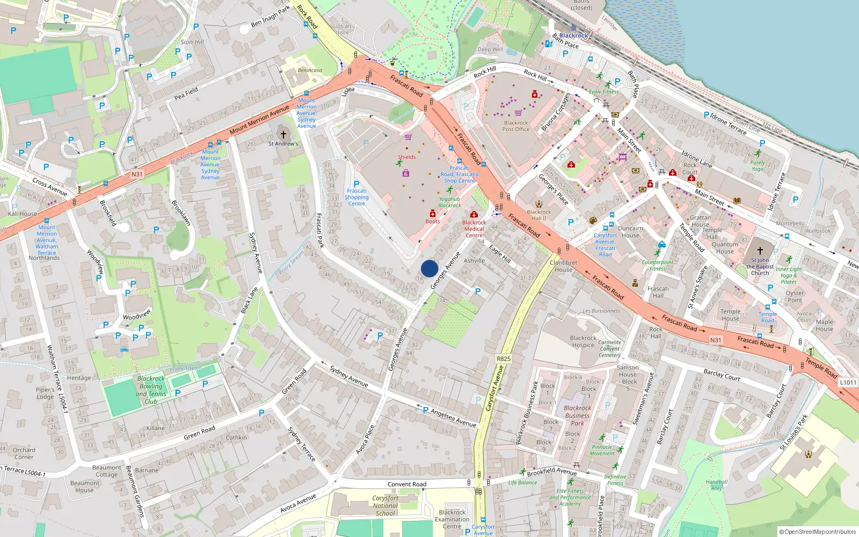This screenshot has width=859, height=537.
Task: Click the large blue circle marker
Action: [x=429, y=268]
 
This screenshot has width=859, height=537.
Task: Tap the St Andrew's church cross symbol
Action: [x=283, y=134]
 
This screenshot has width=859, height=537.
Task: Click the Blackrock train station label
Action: [x=573, y=35]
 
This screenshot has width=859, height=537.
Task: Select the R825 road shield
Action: [x=504, y=359]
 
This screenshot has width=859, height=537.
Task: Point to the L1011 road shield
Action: [x=848, y=382]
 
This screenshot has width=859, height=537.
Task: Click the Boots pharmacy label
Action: [x=433, y=221]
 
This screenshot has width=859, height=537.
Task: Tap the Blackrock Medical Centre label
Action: [x=474, y=229]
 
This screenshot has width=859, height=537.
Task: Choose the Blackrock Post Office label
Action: [x=516, y=126]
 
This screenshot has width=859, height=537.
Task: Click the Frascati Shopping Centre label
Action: [x=356, y=197]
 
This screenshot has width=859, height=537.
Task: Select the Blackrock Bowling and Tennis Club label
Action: [x=151, y=390]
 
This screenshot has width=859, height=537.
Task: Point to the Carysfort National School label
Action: [x=385, y=505]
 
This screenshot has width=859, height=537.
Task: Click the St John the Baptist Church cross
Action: [x=760, y=251]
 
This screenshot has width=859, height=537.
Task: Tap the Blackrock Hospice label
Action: [x=583, y=342]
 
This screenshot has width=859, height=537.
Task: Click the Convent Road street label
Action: [x=407, y=484]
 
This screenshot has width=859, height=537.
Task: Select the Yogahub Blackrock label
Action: [x=449, y=202]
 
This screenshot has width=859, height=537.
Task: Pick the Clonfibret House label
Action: [x=564, y=266]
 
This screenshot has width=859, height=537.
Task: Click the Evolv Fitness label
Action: [x=604, y=92]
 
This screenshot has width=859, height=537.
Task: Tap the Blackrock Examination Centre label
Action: [x=452, y=519]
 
